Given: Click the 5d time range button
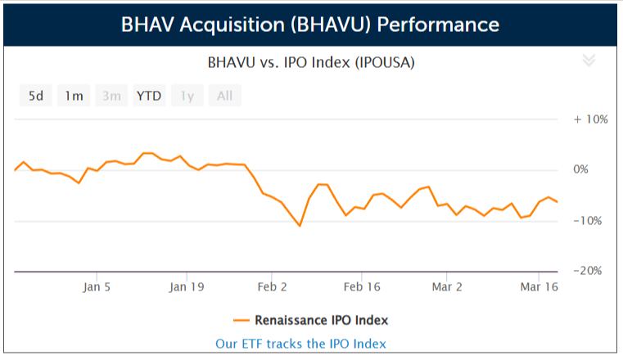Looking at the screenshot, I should coord(36,96).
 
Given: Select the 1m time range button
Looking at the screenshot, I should coord(74,96).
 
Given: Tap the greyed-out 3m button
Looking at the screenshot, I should coord(111,96).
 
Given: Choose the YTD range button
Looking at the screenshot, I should coord(149,96).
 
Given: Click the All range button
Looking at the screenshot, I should coord(224,96).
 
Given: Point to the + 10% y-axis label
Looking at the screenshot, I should coord(590,119).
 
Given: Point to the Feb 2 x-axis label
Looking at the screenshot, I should coord(273,287).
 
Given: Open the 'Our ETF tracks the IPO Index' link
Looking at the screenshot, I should coord(300,344).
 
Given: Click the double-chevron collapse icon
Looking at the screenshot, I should coord(588,60).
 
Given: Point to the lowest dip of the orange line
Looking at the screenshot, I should coord(300,226).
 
